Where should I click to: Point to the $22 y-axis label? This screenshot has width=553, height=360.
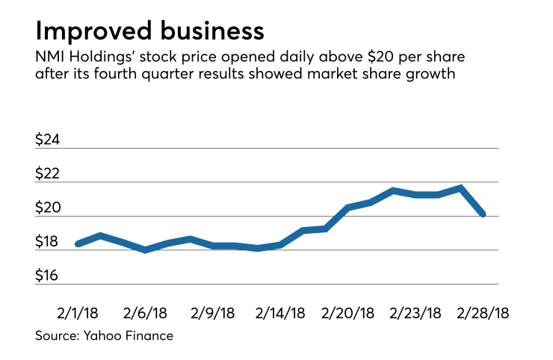coord(50,174)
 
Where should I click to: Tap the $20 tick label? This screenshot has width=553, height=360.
coord(50,208)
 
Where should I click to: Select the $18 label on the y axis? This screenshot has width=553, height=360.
coord(50,242)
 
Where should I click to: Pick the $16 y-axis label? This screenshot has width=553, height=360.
coord(50,276)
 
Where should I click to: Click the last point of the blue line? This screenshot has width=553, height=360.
coord(484,214)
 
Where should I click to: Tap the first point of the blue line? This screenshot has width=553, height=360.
coord(77,243)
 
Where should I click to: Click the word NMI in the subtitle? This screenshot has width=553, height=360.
coord(49,58)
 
